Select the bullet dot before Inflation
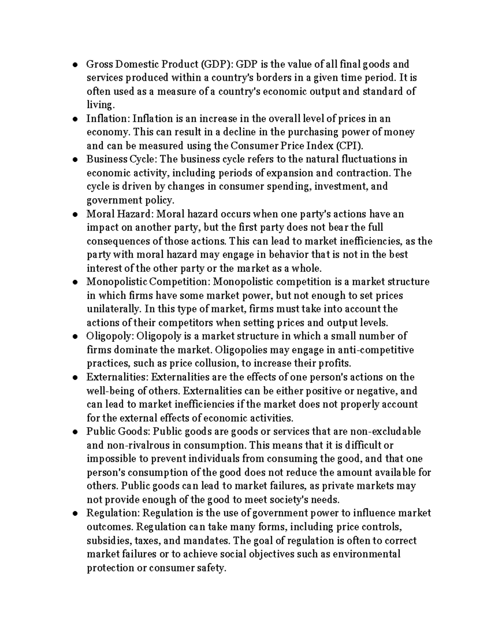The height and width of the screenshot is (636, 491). point(75,119)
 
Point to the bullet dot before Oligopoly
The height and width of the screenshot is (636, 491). point(75,337)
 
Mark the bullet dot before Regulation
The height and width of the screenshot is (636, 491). point(75,514)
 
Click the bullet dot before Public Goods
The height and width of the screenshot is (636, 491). point(75,432)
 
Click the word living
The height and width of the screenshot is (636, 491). point(99,105)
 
